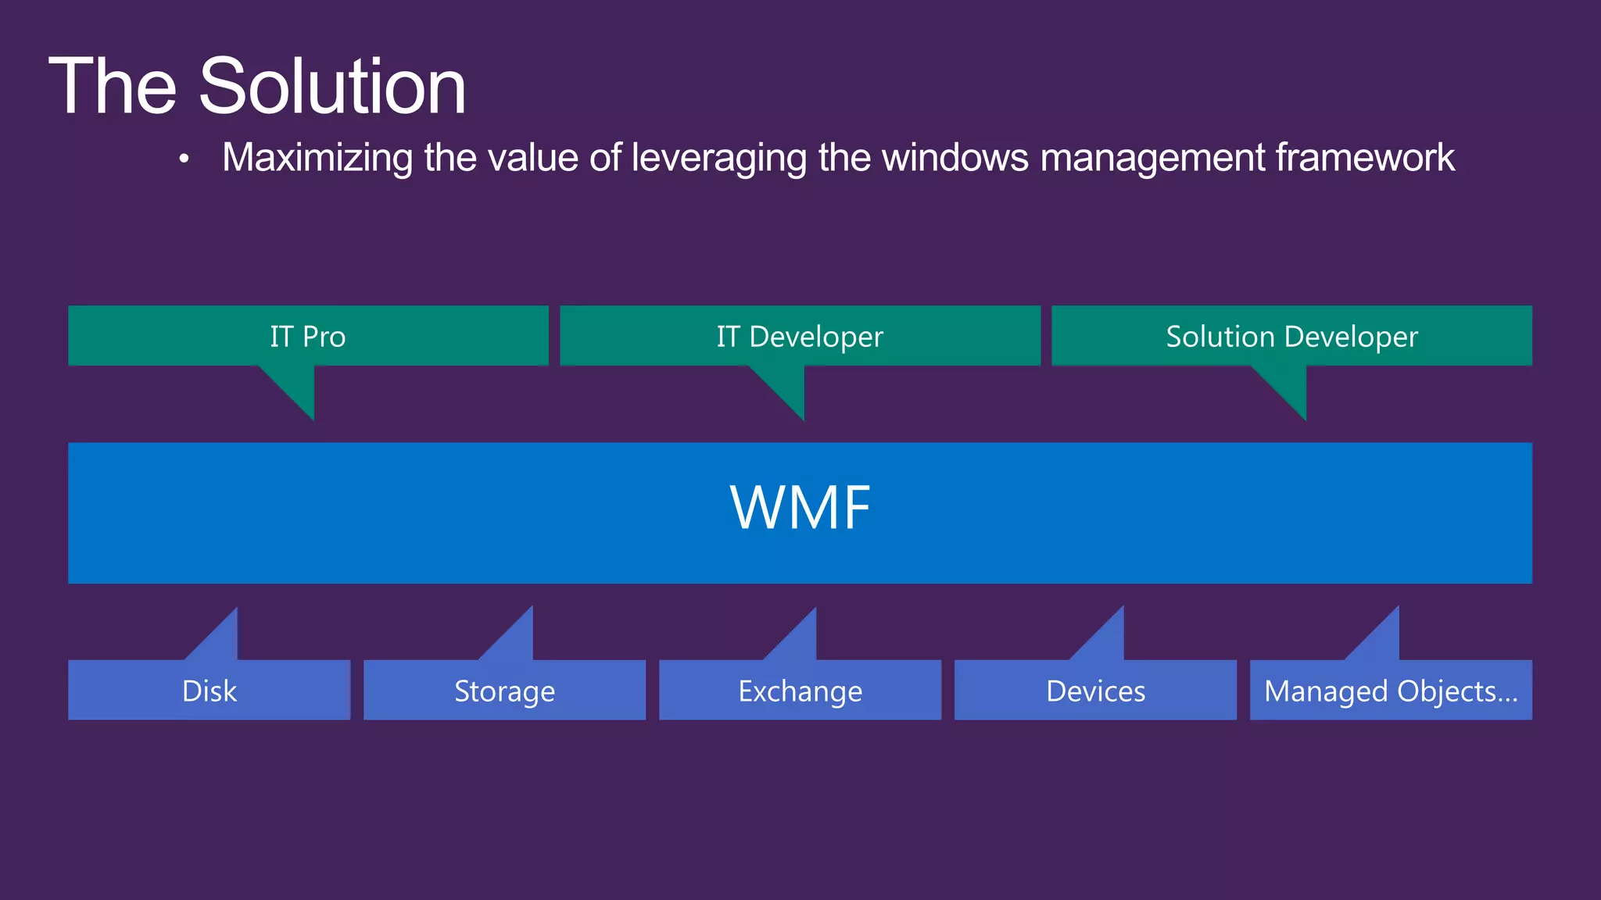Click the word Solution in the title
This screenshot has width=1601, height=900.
click(x=332, y=86)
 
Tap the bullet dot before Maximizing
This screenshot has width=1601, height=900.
click(x=184, y=159)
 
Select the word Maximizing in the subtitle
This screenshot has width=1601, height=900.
click(x=318, y=158)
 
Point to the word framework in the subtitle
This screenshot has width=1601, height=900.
click(x=1365, y=157)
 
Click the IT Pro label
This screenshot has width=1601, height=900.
click(x=308, y=337)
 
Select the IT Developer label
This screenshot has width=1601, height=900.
click(x=800, y=337)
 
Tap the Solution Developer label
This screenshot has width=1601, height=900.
click(x=1291, y=337)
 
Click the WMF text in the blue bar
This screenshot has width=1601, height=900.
click(x=800, y=509)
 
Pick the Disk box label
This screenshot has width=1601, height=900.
click(x=209, y=691)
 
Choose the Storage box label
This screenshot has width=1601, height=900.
click(x=504, y=691)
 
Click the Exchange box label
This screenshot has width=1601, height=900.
click(x=800, y=691)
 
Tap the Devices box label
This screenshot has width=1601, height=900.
click(x=1095, y=691)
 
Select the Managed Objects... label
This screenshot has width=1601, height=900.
click(x=1391, y=691)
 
